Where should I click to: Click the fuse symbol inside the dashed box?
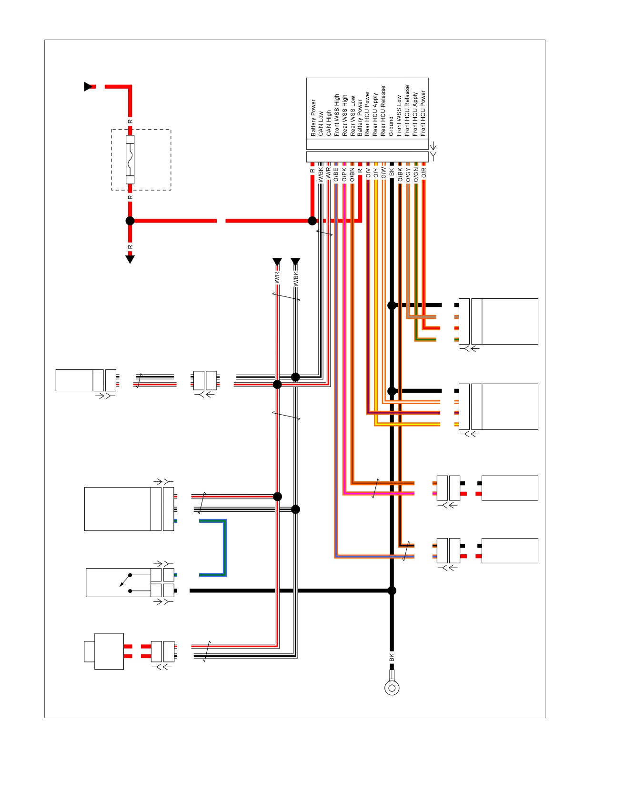tap(130, 160)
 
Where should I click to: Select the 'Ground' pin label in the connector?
tap(391, 127)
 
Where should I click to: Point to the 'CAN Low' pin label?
tap(321, 123)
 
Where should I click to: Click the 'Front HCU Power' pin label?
tap(423, 113)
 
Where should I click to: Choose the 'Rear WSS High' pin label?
tap(344, 116)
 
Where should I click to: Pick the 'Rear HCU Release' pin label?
tap(383, 111)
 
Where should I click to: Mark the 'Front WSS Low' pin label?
tap(399, 116)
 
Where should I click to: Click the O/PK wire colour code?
tap(344, 174)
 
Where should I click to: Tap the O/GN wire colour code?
tap(416, 174)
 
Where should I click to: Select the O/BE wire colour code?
tap(336, 174)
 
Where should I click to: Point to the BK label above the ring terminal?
tap(392, 658)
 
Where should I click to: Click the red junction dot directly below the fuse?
tap(130, 221)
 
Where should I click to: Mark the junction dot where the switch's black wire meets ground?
tap(392, 591)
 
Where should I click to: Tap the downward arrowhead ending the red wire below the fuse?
tap(130, 259)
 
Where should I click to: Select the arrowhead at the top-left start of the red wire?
tap(88, 87)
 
